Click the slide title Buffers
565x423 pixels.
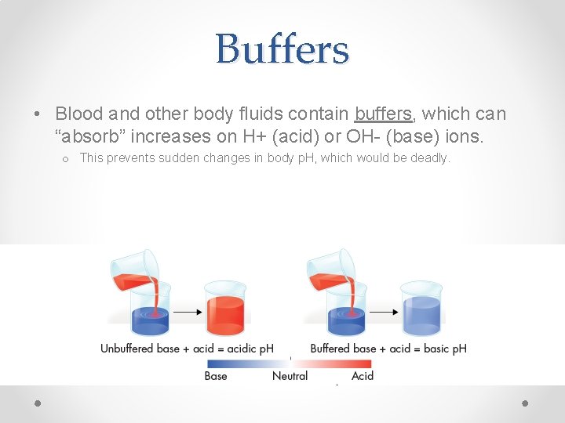(x=282, y=49)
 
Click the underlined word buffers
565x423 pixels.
(x=383, y=114)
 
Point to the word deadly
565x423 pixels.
(x=430, y=158)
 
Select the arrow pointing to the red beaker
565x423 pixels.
(x=186, y=312)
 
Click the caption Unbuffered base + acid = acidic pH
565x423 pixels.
(x=187, y=348)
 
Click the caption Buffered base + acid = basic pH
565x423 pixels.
(x=388, y=348)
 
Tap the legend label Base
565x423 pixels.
(x=216, y=376)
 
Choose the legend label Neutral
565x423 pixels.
(x=290, y=376)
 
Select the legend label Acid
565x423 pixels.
(x=363, y=376)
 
